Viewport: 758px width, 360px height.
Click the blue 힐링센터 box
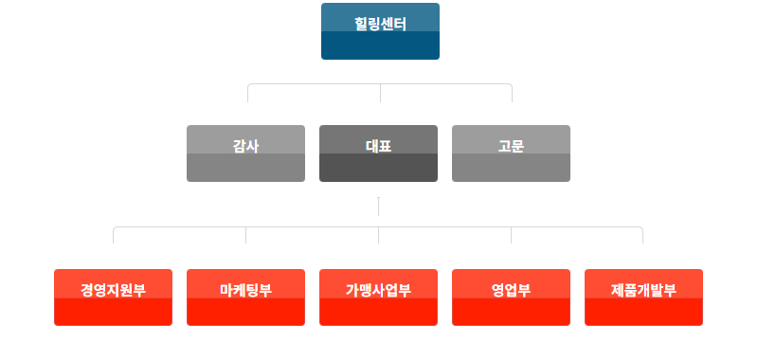tap(380, 31)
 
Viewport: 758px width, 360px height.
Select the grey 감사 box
tap(245, 153)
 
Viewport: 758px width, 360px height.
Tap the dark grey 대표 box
tap(378, 153)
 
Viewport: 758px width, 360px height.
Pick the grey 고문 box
tap(511, 153)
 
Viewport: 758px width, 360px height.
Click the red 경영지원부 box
tap(113, 297)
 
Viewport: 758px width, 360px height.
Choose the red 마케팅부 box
tap(245, 297)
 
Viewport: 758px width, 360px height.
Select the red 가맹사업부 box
tap(378, 297)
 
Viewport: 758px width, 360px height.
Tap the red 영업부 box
tap(511, 297)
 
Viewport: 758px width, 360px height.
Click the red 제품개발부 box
tap(643, 297)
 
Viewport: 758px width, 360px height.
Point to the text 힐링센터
tap(381, 24)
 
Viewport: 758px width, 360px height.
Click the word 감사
tap(245, 146)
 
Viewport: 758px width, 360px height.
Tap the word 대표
tap(378, 146)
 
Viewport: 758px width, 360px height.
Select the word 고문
tap(511, 146)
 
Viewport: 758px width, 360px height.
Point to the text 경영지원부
tap(113, 290)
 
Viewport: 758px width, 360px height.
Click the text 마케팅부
tap(245, 290)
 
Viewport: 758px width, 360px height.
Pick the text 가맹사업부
tap(378, 290)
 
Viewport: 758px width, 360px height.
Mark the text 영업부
tap(511, 290)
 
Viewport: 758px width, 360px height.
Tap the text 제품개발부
tap(643, 290)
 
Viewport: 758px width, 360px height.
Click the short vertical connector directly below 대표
tap(378, 207)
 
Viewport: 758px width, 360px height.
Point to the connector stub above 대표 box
tap(381, 93)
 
